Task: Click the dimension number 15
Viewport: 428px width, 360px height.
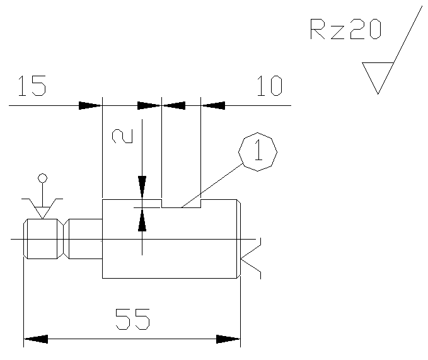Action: [x=32, y=86]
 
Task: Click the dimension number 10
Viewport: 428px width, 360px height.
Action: [x=270, y=86]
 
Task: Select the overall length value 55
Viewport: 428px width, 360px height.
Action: [x=132, y=319]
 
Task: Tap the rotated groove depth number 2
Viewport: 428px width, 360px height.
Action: [x=122, y=136]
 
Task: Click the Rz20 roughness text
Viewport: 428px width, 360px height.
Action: [x=345, y=29]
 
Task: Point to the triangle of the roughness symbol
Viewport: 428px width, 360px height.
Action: [x=378, y=76]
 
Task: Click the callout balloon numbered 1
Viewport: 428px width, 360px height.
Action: [x=258, y=152]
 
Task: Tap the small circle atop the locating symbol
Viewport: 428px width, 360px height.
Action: [x=42, y=178]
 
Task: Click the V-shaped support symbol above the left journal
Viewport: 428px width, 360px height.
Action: [x=42, y=208]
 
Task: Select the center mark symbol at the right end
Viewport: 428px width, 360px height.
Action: [x=251, y=258]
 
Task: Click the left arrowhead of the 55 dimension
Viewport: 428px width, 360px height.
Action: [x=36, y=339]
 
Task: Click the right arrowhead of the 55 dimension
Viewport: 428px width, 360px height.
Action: [x=228, y=339]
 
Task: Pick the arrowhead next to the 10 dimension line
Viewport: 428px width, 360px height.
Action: [x=213, y=105]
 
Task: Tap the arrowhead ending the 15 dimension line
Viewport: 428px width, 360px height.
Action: [x=90, y=105]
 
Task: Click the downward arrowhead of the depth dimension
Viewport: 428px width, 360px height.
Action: [x=142, y=187]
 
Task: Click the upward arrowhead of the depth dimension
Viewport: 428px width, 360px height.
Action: [x=142, y=219]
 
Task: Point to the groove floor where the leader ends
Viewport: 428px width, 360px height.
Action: [x=182, y=207]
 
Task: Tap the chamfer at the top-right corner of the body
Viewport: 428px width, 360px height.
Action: [x=238, y=201]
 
